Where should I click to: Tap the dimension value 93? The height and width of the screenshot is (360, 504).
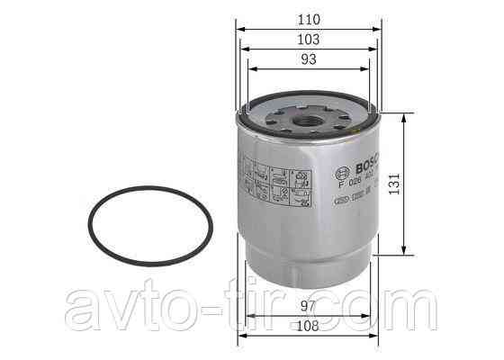click(x=308, y=59)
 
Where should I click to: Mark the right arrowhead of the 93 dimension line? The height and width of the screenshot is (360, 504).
click(x=367, y=69)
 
